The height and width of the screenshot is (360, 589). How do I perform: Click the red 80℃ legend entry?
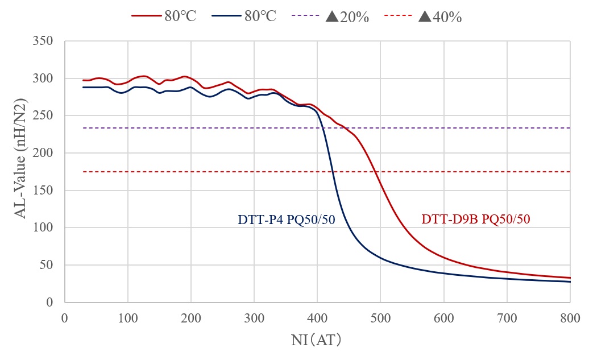(164, 16)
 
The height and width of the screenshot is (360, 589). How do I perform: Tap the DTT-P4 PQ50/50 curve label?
(285, 219)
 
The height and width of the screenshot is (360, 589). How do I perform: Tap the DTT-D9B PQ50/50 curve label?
(476, 219)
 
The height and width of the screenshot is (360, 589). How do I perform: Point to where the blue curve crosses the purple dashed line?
(323, 128)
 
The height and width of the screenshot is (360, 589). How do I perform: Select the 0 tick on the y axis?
(53, 303)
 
